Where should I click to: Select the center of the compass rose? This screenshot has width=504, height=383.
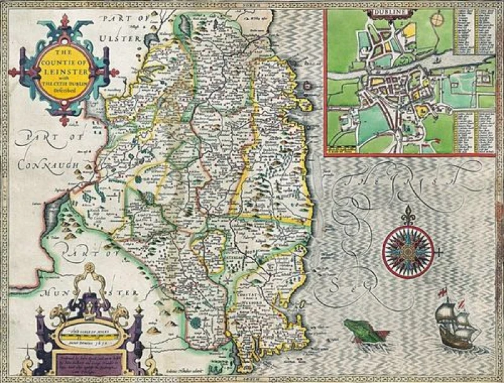(x=408, y=250)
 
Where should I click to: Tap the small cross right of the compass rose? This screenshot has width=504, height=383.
(x=440, y=251)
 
